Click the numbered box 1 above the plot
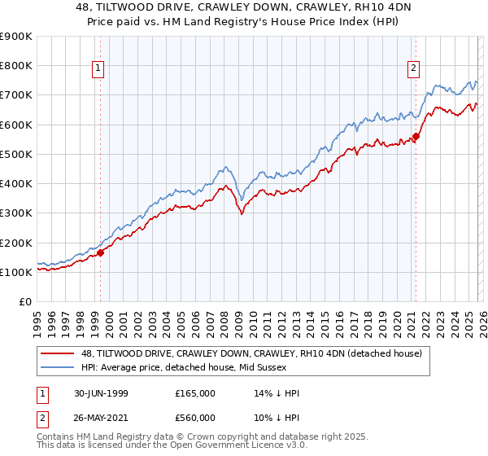[98, 69]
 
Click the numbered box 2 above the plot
[413, 69]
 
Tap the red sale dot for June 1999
[101, 252]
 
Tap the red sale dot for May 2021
[416, 136]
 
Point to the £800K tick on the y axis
[17, 65]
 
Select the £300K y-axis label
[17, 213]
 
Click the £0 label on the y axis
[24, 302]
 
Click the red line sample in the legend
[58, 353]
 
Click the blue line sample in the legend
[58, 368]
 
